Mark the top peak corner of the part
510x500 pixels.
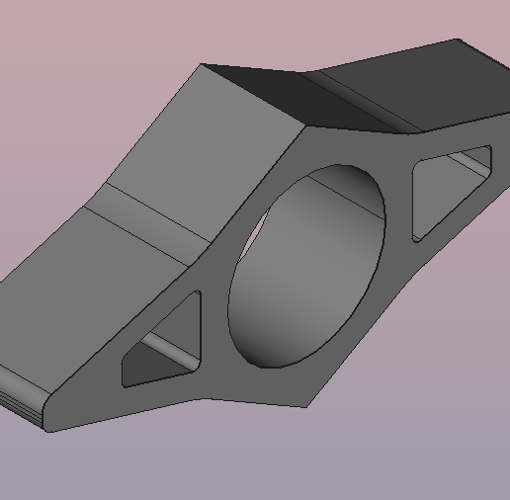(202, 65)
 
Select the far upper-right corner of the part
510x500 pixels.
(458, 40)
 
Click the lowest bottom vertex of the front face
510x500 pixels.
(306, 406)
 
